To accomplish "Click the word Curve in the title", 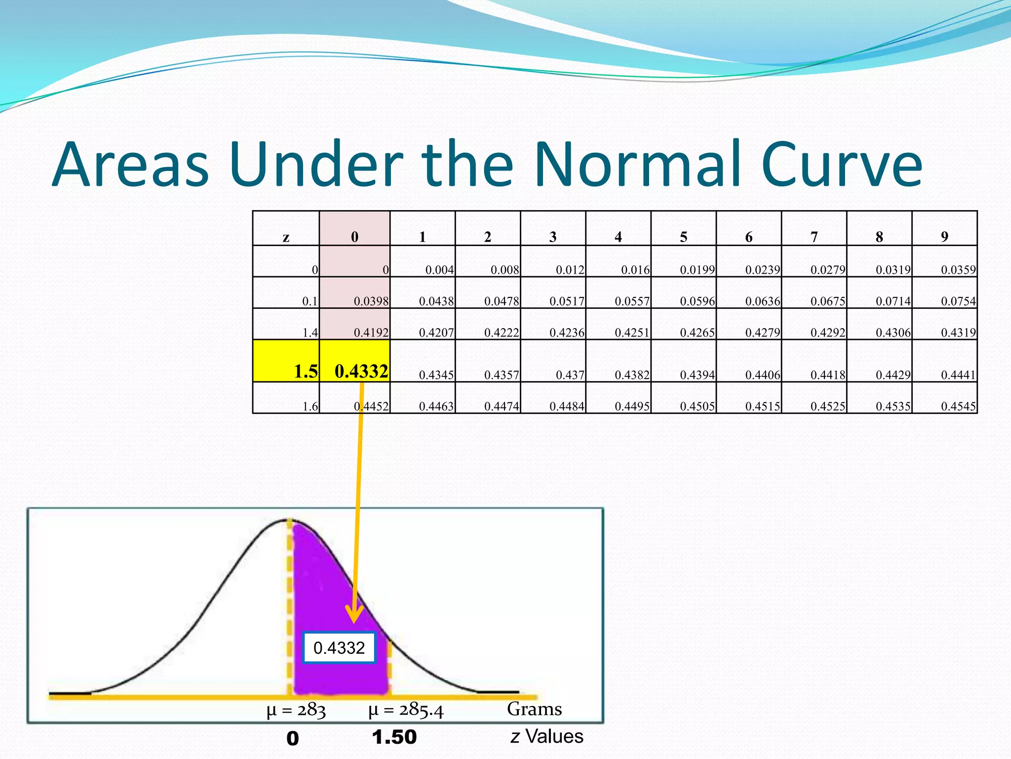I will pyautogui.click(x=841, y=164).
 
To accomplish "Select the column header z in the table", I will pyautogui.click(x=286, y=237).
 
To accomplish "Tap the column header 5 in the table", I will pyautogui.click(x=683, y=237).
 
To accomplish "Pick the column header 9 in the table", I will pyautogui.click(x=944, y=237).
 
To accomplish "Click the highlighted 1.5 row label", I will pyautogui.click(x=306, y=371).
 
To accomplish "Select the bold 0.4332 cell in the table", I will pyautogui.click(x=361, y=371).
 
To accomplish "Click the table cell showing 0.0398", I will pyautogui.click(x=371, y=301).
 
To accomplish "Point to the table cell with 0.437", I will pyautogui.click(x=570, y=375).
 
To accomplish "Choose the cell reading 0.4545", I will pyautogui.click(x=958, y=406).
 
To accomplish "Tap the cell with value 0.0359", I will pyautogui.click(x=958, y=270).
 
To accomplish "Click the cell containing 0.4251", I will pyautogui.click(x=632, y=333).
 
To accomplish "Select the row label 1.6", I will pyautogui.click(x=310, y=406).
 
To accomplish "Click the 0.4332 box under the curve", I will pyautogui.click(x=339, y=648).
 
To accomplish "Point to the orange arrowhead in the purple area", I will pyautogui.click(x=354, y=616).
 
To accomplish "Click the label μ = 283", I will pyautogui.click(x=296, y=711).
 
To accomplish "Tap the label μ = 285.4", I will pyautogui.click(x=406, y=710).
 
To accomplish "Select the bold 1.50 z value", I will pyautogui.click(x=394, y=737).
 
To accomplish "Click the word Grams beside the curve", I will pyautogui.click(x=534, y=709).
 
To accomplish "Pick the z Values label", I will pyautogui.click(x=547, y=736).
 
